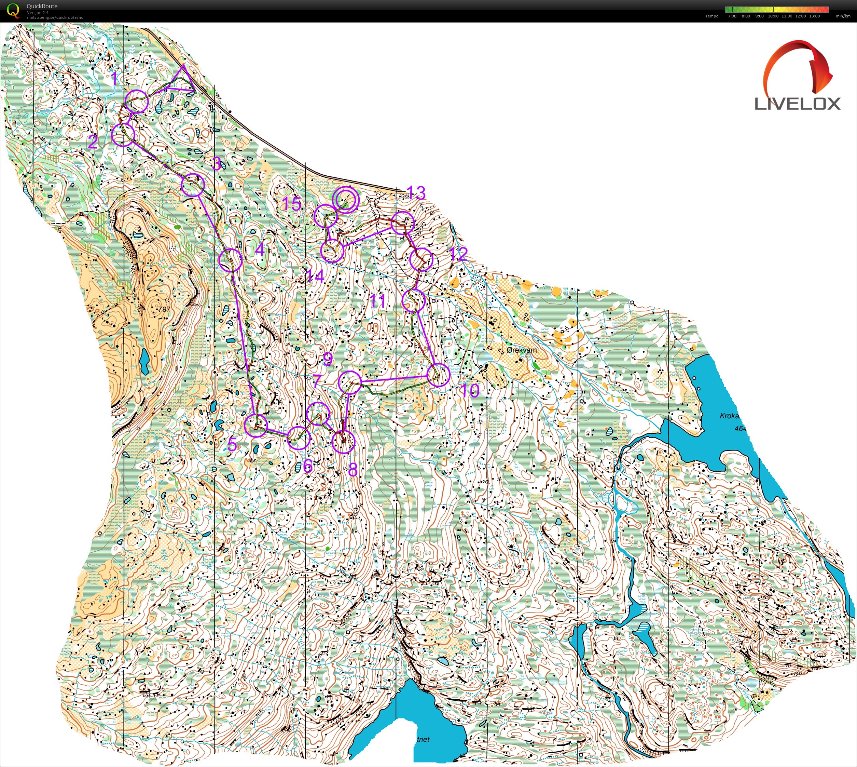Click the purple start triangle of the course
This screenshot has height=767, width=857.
182,81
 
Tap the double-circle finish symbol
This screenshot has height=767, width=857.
345,199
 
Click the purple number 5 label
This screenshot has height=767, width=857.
232,444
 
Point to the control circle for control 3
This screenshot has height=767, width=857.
193,185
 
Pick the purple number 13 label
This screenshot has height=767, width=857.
416,192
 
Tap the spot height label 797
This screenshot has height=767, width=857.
164,309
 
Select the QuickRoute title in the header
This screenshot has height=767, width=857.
42,6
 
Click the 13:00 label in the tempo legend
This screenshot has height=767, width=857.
814,16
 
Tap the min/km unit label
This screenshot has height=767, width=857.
843,16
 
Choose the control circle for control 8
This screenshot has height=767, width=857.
344,442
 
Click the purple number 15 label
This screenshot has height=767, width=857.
291,204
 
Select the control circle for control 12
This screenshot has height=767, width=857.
421,260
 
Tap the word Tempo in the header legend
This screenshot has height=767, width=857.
712,16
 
